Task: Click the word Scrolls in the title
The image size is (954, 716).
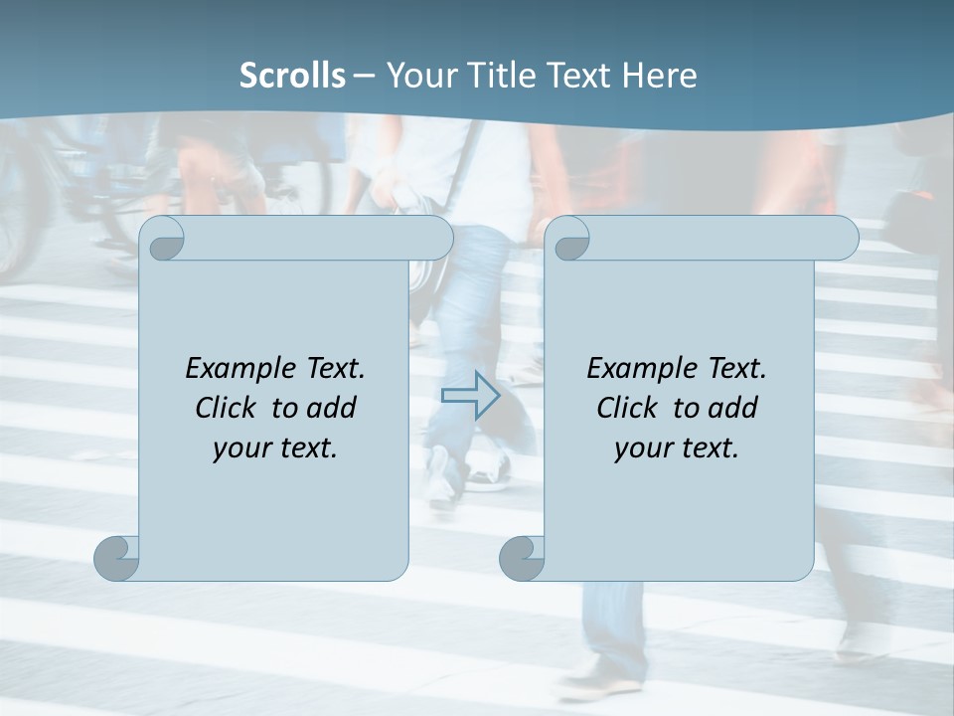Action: pyautogui.click(x=292, y=75)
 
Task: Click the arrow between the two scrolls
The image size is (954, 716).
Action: pyautogui.click(x=469, y=395)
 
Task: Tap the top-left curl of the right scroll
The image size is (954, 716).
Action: pyautogui.click(x=570, y=240)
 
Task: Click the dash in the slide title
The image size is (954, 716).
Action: pyautogui.click(x=364, y=75)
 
